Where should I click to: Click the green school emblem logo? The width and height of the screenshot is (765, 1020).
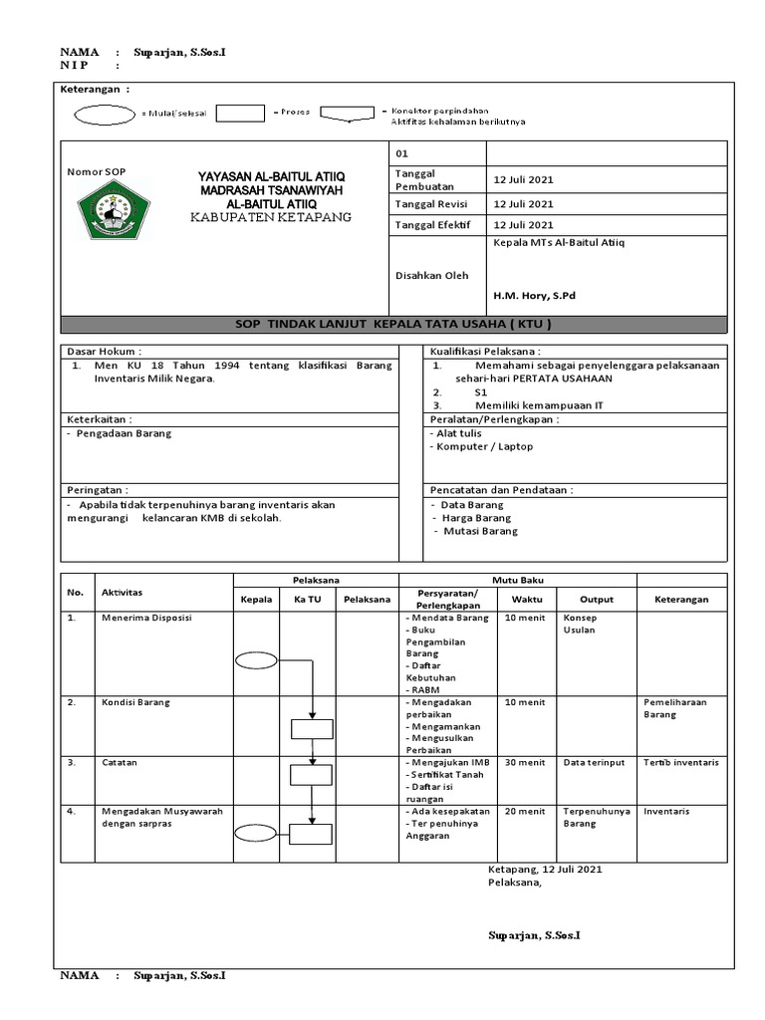113,210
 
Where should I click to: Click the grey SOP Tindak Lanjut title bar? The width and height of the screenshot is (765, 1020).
392,324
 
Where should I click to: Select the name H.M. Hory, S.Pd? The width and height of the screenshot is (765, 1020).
534,296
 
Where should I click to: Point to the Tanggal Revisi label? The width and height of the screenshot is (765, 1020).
431,204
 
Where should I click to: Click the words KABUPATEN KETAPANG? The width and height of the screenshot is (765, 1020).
271,216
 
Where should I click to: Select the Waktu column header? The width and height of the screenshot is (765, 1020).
527,600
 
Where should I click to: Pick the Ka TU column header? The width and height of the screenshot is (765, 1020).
307,600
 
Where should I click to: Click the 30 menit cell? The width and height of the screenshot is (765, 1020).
525,763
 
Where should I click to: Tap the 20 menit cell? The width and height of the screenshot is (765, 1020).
525,812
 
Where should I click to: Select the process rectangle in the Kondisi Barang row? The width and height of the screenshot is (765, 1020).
312,728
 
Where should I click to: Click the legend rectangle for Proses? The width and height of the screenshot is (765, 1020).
240,113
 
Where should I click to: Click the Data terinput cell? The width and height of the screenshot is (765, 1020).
594,763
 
